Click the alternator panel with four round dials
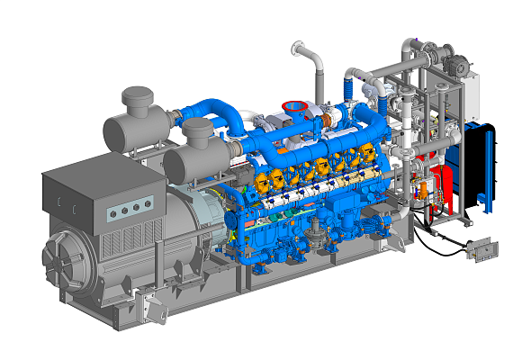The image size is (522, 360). click(124, 211)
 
